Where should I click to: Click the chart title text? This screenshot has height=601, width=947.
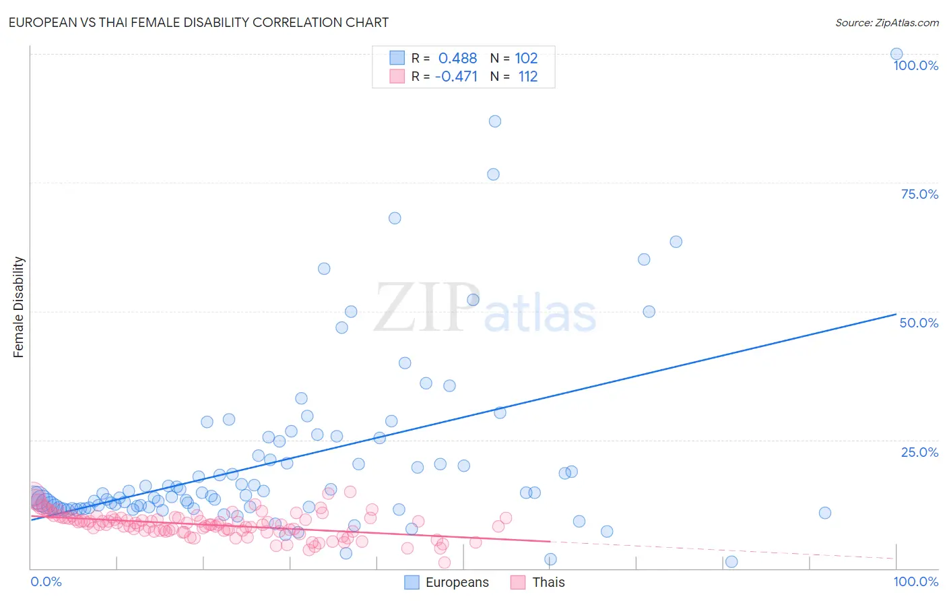199,22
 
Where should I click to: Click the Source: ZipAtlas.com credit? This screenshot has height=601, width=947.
886,22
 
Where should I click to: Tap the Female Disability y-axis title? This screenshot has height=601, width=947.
19,307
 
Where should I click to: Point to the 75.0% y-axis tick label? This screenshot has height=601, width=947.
919,194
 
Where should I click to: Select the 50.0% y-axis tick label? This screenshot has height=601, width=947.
919,323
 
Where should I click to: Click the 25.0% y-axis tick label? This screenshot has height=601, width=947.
919,451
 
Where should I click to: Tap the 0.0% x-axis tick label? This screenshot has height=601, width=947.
46,581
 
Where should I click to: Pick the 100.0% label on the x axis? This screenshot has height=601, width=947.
915,581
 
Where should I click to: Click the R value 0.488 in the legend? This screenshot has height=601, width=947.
457,59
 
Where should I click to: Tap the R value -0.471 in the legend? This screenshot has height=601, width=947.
456,77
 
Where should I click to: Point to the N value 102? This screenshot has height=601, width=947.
526,59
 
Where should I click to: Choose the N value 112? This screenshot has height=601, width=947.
527,77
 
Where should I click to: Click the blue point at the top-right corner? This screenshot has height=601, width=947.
896,54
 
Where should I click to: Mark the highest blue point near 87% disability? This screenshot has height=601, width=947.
495,121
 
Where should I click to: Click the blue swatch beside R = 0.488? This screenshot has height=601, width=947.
397,58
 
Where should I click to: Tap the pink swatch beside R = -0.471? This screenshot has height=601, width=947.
397,76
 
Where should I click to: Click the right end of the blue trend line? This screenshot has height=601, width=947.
896,314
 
